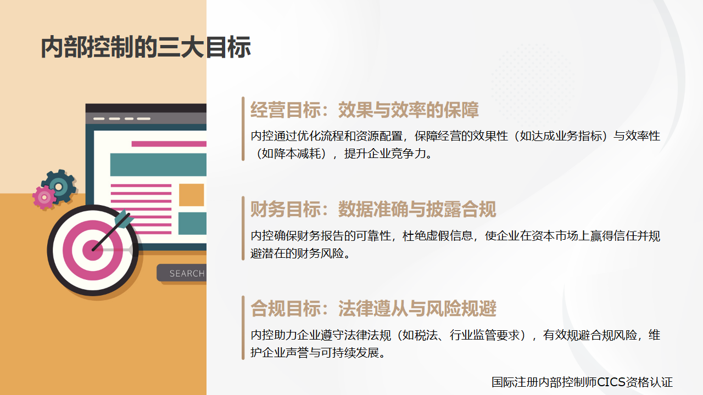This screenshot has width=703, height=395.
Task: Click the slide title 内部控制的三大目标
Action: (x=146, y=47)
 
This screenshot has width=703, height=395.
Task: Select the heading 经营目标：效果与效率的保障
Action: (x=364, y=110)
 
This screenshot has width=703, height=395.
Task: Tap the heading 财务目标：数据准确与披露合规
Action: (x=373, y=210)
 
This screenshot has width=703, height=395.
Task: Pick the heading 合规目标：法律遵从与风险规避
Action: (x=373, y=309)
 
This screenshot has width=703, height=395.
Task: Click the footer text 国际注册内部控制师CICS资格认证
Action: (x=582, y=382)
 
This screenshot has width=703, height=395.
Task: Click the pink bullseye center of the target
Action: (x=93, y=250)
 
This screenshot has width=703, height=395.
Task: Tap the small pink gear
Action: (x=44, y=197)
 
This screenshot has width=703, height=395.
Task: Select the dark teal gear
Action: (x=59, y=187)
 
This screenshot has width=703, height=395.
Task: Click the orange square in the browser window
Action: (x=192, y=195)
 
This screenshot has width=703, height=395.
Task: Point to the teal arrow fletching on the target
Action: (x=124, y=219)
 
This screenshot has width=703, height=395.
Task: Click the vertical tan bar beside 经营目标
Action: (x=243, y=129)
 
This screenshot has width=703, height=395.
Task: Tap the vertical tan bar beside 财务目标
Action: (x=243, y=228)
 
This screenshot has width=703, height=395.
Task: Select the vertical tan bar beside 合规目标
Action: (x=243, y=328)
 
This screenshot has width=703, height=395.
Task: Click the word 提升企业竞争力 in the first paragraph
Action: (x=385, y=154)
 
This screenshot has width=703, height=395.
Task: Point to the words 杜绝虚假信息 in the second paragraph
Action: (x=438, y=236)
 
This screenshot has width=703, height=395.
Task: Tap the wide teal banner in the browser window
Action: (x=158, y=165)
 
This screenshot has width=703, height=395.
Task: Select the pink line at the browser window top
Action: (x=169, y=144)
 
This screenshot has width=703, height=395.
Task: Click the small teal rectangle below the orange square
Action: (x=192, y=223)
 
